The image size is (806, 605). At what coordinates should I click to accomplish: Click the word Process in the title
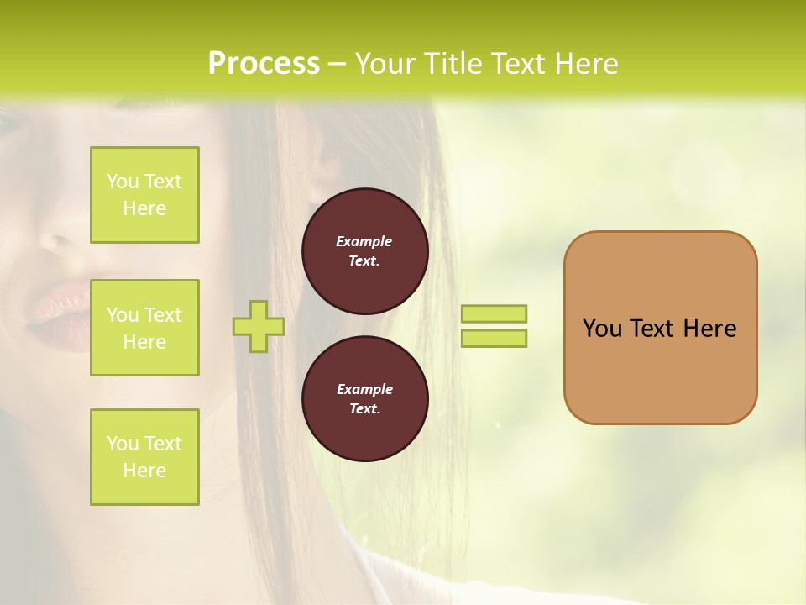click(264, 64)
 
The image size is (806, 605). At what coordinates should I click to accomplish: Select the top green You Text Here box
click(144, 195)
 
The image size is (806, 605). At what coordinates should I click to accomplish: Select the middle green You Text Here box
click(144, 328)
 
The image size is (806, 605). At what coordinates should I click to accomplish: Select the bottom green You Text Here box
click(144, 456)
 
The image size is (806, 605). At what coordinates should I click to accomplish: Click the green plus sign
click(259, 327)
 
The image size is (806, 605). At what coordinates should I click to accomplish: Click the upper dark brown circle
click(364, 251)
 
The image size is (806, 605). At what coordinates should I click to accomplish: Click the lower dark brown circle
click(364, 398)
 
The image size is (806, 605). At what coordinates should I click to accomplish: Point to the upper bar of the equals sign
click(494, 313)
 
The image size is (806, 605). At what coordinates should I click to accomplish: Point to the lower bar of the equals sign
click(494, 339)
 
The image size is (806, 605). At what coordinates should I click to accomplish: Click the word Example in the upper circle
click(364, 241)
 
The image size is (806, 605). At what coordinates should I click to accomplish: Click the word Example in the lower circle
click(364, 389)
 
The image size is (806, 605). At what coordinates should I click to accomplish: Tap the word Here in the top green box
click(144, 208)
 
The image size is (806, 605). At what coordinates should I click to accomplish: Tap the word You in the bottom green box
click(123, 444)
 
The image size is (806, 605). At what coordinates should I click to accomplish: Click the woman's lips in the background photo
click(59, 311)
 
